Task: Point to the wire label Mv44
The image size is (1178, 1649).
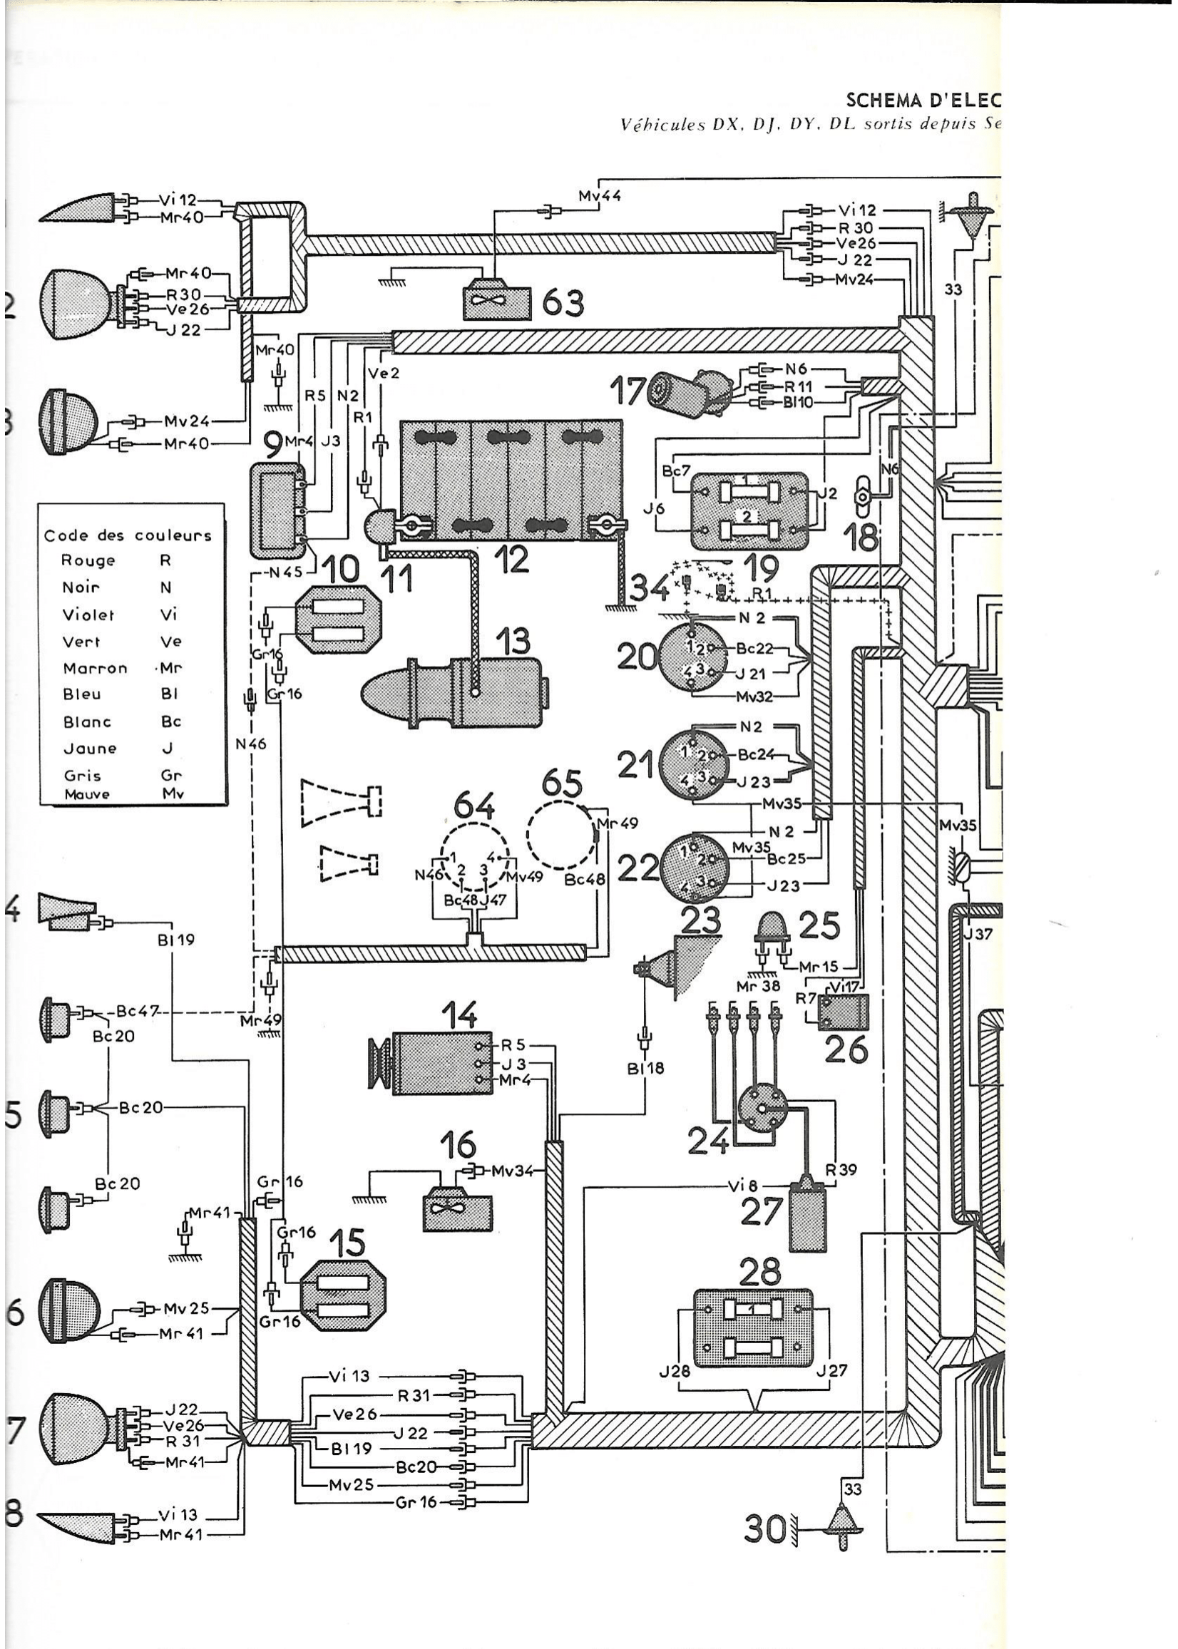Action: pos(600,196)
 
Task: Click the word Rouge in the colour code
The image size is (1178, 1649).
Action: pos(88,560)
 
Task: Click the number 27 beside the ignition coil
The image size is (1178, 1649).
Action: pos(762,1213)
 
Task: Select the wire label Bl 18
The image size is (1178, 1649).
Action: pos(645,1067)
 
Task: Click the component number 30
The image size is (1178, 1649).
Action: pos(763,1530)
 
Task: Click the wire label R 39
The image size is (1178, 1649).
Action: pos(841,1170)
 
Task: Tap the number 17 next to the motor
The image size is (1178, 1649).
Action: pos(628,392)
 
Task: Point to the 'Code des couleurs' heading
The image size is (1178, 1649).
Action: pos(128,536)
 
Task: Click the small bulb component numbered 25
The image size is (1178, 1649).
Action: pos(771,928)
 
